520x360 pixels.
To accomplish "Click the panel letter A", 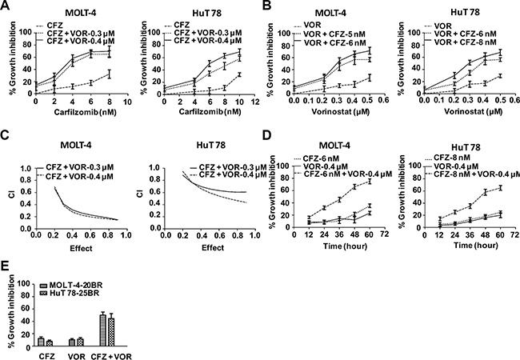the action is click(4, 6).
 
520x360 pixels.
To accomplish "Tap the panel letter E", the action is click(4, 266).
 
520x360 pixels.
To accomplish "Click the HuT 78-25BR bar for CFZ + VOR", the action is click(111, 333).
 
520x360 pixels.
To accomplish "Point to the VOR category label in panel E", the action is click(77, 356).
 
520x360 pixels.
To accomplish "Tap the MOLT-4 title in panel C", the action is click(76, 145).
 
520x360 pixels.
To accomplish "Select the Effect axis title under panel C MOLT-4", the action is click(81, 248).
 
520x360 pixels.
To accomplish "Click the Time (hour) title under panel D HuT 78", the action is click(475, 246).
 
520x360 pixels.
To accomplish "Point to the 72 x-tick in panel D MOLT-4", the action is click(384, 235).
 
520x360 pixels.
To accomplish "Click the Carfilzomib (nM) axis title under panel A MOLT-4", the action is click(86, 112).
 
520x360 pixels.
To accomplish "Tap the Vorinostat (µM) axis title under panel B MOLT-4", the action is click(341, 112).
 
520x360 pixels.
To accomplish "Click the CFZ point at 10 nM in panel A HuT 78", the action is click(239, 74).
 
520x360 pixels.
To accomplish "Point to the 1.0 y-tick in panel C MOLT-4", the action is click(26, 169).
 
